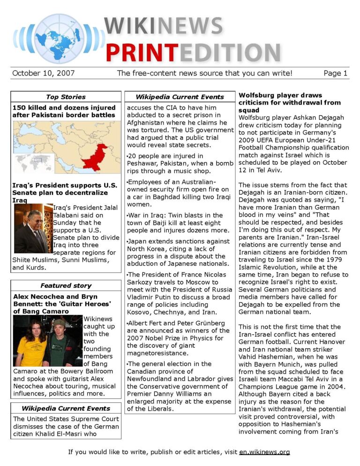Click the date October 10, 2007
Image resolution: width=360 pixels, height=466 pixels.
pos(44,73)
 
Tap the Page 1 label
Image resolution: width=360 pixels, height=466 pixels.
pos(335,73)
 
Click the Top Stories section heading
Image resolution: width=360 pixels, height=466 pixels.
pos(66,97)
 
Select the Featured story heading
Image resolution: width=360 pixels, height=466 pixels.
pos(66,286)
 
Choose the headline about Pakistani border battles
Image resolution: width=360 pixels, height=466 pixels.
pos(64,111)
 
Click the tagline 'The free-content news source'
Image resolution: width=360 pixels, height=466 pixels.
pos(204,73)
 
